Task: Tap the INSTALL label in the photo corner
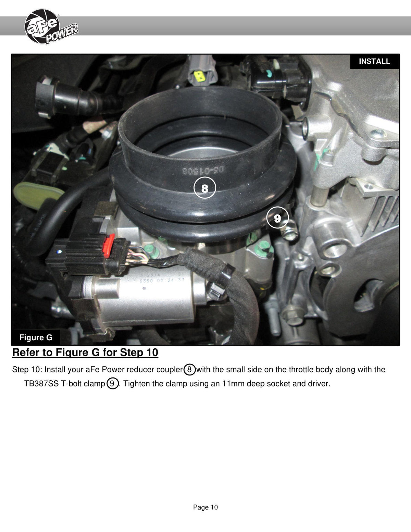point(374,61)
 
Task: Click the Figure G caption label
point(36,337)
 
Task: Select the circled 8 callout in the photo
point(204,188)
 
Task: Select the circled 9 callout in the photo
point(277,218)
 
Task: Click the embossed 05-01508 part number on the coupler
point(203,170)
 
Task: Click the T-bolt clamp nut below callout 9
point(290,233)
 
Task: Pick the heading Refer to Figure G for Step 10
point(85,352)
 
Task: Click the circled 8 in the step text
point(189,369)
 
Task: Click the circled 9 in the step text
point(112,383)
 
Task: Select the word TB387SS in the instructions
point(41,384)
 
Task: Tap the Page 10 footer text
point(206,507)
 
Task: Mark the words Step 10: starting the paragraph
point(27,370)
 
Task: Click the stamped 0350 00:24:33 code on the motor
point(162,281)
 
